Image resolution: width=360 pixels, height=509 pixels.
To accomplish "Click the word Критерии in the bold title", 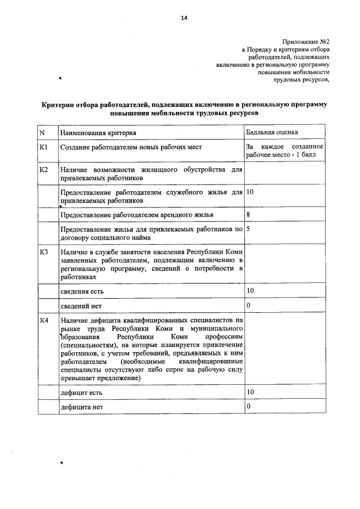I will pyautogui.click(x=60, y=105).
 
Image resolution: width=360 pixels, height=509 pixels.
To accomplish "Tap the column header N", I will pyautogui.click(x=42, y=132).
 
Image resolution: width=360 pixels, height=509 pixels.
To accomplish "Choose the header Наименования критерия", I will pyautogui.click(x=98, y=132).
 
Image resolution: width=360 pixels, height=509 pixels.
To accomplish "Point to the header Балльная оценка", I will pyautogui.click(x=272, y=132).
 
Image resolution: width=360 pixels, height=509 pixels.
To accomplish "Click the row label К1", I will pyautogui.click(x=44, y=147).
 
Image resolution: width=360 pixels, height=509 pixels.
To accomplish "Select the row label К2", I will pyautogui.click(x=44, y=169).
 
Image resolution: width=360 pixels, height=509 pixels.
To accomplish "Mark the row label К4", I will pyautogui.click(x=44, y=321).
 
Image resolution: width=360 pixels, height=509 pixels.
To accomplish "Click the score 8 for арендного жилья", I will pyautogui.click(x=248, y=215).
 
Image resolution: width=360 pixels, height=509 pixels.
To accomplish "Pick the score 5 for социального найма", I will pyautogui.click(x=248, y=229).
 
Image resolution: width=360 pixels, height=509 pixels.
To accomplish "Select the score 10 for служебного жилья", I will pyautogui.click(x=250, y=192).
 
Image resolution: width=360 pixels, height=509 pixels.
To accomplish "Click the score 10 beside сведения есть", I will pyautogui.click(x=250, y=291).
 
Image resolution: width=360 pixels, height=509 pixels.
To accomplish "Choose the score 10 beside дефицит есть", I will pyautogui.click(x=250, y=391).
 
